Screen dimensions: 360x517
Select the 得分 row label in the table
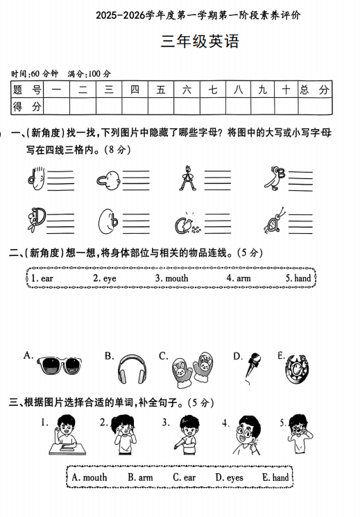[x=28, y=106]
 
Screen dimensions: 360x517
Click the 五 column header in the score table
[x=160, y=90]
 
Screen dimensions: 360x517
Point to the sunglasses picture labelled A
[x=56, y=366]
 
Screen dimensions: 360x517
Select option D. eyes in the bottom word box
[x=229, y=477]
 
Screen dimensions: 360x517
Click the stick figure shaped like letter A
[x=185, y=178]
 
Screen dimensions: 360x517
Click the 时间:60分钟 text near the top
[x=35, y=74]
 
